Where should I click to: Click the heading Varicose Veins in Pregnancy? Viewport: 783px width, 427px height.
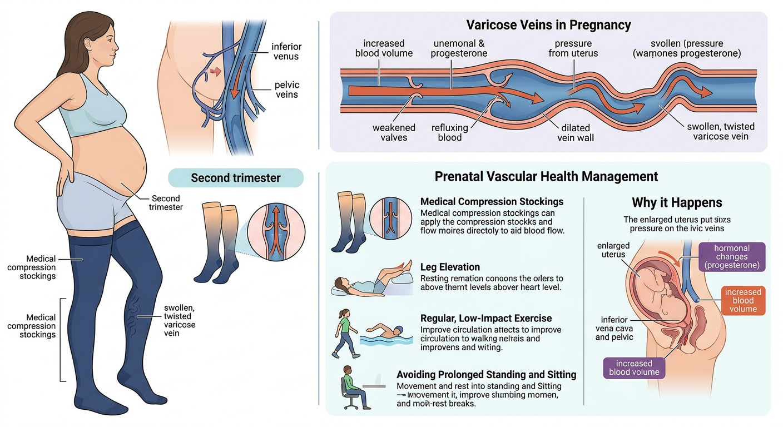pyautogui.click(x=548, y=25)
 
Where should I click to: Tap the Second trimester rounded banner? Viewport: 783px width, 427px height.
pyautogui.click(x=236, y=178)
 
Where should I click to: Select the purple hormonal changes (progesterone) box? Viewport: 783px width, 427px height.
pyautogui.click(x=731, y=257)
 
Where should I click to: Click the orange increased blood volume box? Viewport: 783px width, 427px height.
pyautogui.click(x=743, y=300)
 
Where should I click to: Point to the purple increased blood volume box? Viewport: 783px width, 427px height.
pyautogui.click(x=634, y=368)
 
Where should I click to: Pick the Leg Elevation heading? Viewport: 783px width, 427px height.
pyautogui.click(x=450, y=267)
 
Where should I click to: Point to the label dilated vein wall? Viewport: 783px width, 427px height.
pyautogui.click(x=576, y=132)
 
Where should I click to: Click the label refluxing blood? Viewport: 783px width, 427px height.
pyautogui.click(x=450, y=132)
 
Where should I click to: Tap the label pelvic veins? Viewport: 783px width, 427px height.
pyautogui.click(x=286, y=90)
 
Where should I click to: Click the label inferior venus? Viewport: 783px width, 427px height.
pyautogui.click(x=286, y=51)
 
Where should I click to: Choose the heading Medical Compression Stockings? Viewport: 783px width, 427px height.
pyautogui.click(x=492, y=201)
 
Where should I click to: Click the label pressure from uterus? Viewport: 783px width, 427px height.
pyautogui.click(x=573, y=48)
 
